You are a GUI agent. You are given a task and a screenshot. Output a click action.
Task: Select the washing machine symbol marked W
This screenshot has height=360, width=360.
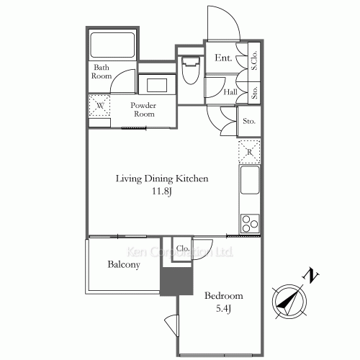[x=99, y=106]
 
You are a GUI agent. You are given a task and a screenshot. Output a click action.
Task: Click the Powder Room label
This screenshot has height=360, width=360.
[x=143, y=109]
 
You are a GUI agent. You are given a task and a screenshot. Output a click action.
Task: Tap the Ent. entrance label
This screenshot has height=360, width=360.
[x=223, y=58]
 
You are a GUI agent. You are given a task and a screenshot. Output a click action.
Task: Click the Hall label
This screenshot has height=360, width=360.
[x=230, y=92]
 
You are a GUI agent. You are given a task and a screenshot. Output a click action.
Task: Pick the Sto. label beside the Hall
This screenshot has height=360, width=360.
[x=255, y=92]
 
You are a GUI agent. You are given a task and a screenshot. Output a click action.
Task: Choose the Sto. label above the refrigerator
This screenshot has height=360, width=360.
[x=250, y=121]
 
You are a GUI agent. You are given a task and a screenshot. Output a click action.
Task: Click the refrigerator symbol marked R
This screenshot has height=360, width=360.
[x=249, y=152]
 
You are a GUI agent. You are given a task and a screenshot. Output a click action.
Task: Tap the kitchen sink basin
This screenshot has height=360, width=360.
[x=250, y=181]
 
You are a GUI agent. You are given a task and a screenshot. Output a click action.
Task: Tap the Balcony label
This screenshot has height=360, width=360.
[x=125, y=264]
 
